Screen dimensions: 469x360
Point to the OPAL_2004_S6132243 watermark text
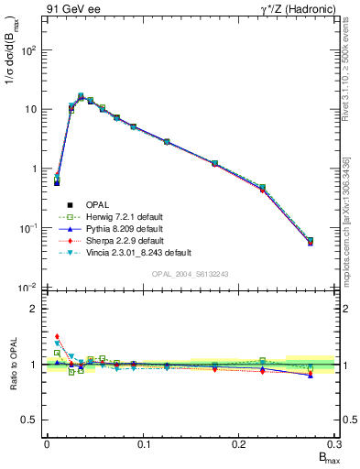click(191, 274)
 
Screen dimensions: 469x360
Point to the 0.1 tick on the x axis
click(143, 443)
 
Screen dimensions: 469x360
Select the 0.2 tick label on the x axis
click(239, 443)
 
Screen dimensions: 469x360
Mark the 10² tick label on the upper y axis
click(30, 49)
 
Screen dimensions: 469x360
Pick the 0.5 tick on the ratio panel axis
click(31, 420)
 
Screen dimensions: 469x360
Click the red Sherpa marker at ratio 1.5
click(56, 336)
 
